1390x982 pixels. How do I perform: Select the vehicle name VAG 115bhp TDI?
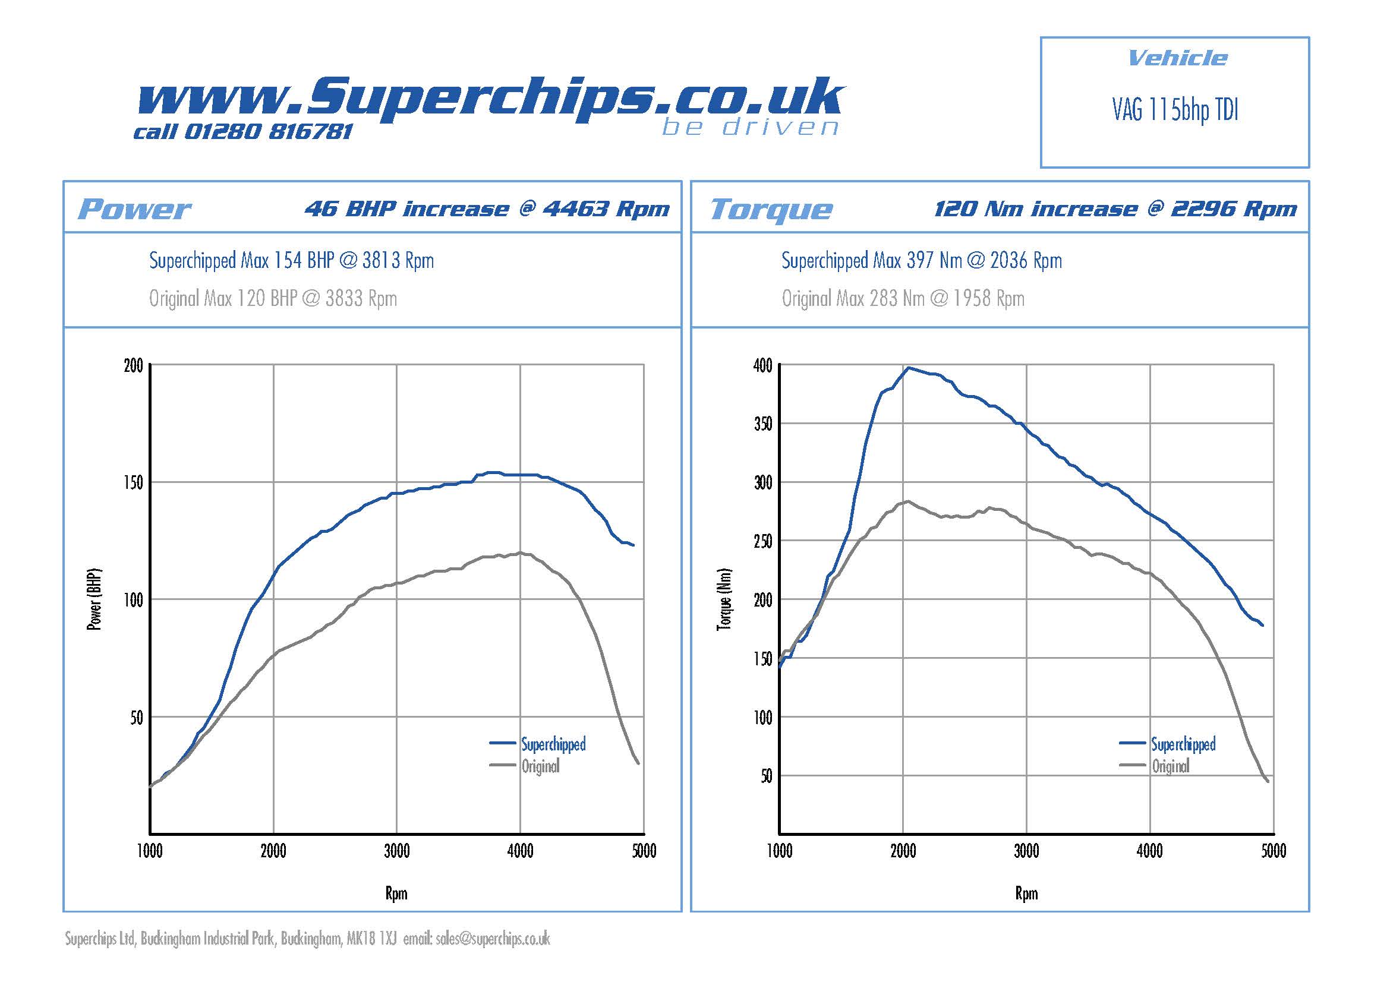pos(1174,110)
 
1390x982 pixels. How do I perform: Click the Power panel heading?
pos(134,209)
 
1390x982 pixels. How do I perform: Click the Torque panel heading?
pos(771,209)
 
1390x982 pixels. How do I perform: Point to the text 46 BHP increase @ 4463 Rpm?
pos(487,209)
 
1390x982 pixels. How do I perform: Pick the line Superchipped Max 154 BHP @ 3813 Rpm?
pos(291,261)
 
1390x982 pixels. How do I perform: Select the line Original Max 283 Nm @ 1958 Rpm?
pos(903,298)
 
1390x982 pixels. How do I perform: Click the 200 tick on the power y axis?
pos(133,365)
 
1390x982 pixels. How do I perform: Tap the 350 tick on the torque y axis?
pos(763,424)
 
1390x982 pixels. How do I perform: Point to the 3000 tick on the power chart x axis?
pos(396,851)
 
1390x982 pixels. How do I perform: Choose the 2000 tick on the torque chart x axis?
pos(903,851)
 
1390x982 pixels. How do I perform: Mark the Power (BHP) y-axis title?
pos(94,599)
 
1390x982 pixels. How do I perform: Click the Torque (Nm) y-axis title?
pos(724,599)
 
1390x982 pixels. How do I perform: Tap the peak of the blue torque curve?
pos(908,367)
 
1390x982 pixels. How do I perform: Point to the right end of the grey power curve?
pos(638,763)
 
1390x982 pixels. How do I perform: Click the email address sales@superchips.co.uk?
pos(492,939)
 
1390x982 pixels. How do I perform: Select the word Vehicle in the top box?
pos(1177,58)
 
